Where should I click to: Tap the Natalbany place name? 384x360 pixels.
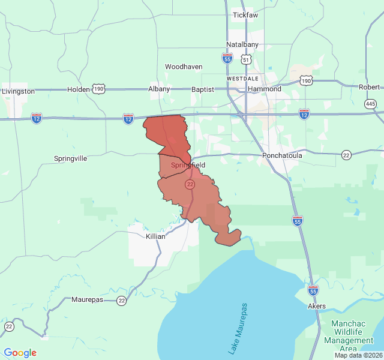[242, 45]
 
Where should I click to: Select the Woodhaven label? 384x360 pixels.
[184, 67]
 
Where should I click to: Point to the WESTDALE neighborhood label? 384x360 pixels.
[242, 79]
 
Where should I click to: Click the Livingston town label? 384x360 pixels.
[19, 91]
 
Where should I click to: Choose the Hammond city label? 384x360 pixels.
[264, 89]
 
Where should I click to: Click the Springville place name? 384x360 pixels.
[71, 158]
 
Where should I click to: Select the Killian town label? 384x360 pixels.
[155, 236]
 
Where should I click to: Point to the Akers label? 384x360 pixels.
[317, 306]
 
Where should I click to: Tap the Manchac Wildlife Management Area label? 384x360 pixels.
[352, 336]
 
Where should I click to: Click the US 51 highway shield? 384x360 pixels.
[246, 59]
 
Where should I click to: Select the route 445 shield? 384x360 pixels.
[370, 104]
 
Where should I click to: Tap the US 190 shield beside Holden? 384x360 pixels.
[98, 89]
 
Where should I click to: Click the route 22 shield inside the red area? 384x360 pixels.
[190, 184]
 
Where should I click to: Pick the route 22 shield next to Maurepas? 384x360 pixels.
[122, 301]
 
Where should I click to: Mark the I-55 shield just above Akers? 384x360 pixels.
[313, 290]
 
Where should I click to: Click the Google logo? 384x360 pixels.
[20, 353]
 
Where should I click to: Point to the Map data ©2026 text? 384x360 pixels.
[358, 355]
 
